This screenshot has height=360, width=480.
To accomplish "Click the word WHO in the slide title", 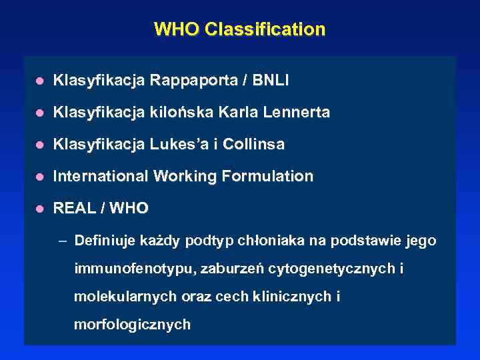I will click(177, 30).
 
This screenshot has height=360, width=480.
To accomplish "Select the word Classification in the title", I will click(265, 30).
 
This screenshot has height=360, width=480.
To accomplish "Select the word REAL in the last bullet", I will click(71, 209).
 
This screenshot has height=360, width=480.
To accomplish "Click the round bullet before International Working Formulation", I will click(40, 177).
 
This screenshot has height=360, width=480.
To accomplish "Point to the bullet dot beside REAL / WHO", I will click(40, 209).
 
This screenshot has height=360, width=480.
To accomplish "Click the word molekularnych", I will click(116, 297).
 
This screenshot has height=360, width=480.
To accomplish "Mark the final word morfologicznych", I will click(132, 325).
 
